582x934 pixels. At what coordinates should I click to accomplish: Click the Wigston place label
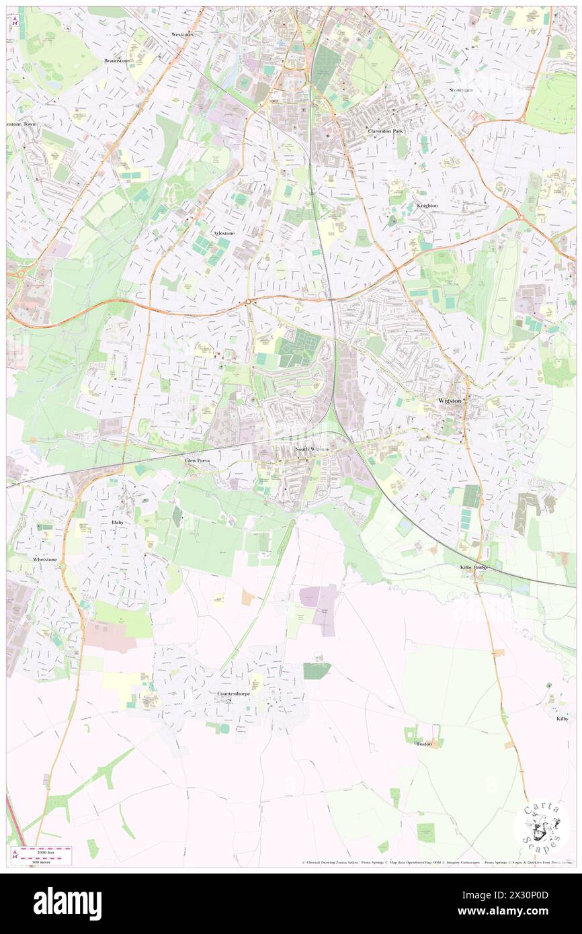tap(450, 400)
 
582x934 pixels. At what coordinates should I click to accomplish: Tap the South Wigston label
tap(310, 449)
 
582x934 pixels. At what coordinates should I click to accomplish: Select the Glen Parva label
tap(198, 461)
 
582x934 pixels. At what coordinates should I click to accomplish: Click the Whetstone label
tap(46, 559)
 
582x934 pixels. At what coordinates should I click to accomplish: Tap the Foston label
tap(424, 744)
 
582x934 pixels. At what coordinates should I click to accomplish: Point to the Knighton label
tap(427, 206)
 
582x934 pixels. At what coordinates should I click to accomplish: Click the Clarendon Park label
tap(385, 131)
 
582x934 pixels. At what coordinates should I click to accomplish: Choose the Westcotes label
tap(182, 34)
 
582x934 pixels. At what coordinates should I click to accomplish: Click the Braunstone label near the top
tap(116, 60)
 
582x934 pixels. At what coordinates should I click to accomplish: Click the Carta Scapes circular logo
tap(542, 826)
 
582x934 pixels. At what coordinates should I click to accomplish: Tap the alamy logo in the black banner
tap(67, 904)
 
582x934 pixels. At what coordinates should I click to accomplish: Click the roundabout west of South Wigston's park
tap(248, 302)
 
